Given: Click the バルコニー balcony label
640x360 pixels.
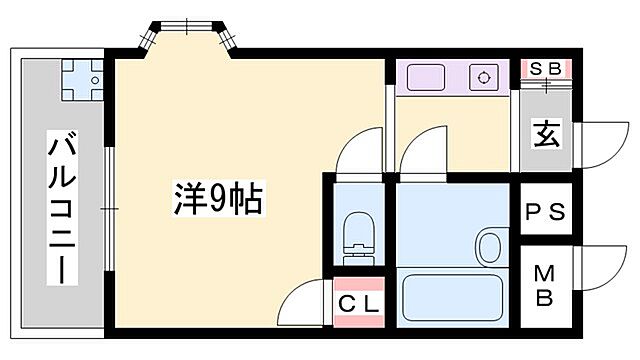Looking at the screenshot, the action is [x=62, y=207].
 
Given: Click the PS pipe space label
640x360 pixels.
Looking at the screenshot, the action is [x=546, y=212].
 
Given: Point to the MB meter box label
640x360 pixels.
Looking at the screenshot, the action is [x=546, y=284].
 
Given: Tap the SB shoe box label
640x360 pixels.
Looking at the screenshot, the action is [x=545, y=69].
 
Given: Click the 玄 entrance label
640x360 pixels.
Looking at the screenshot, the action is [x=545, y=132].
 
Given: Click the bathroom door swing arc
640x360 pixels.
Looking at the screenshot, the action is [x=420, y=155].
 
